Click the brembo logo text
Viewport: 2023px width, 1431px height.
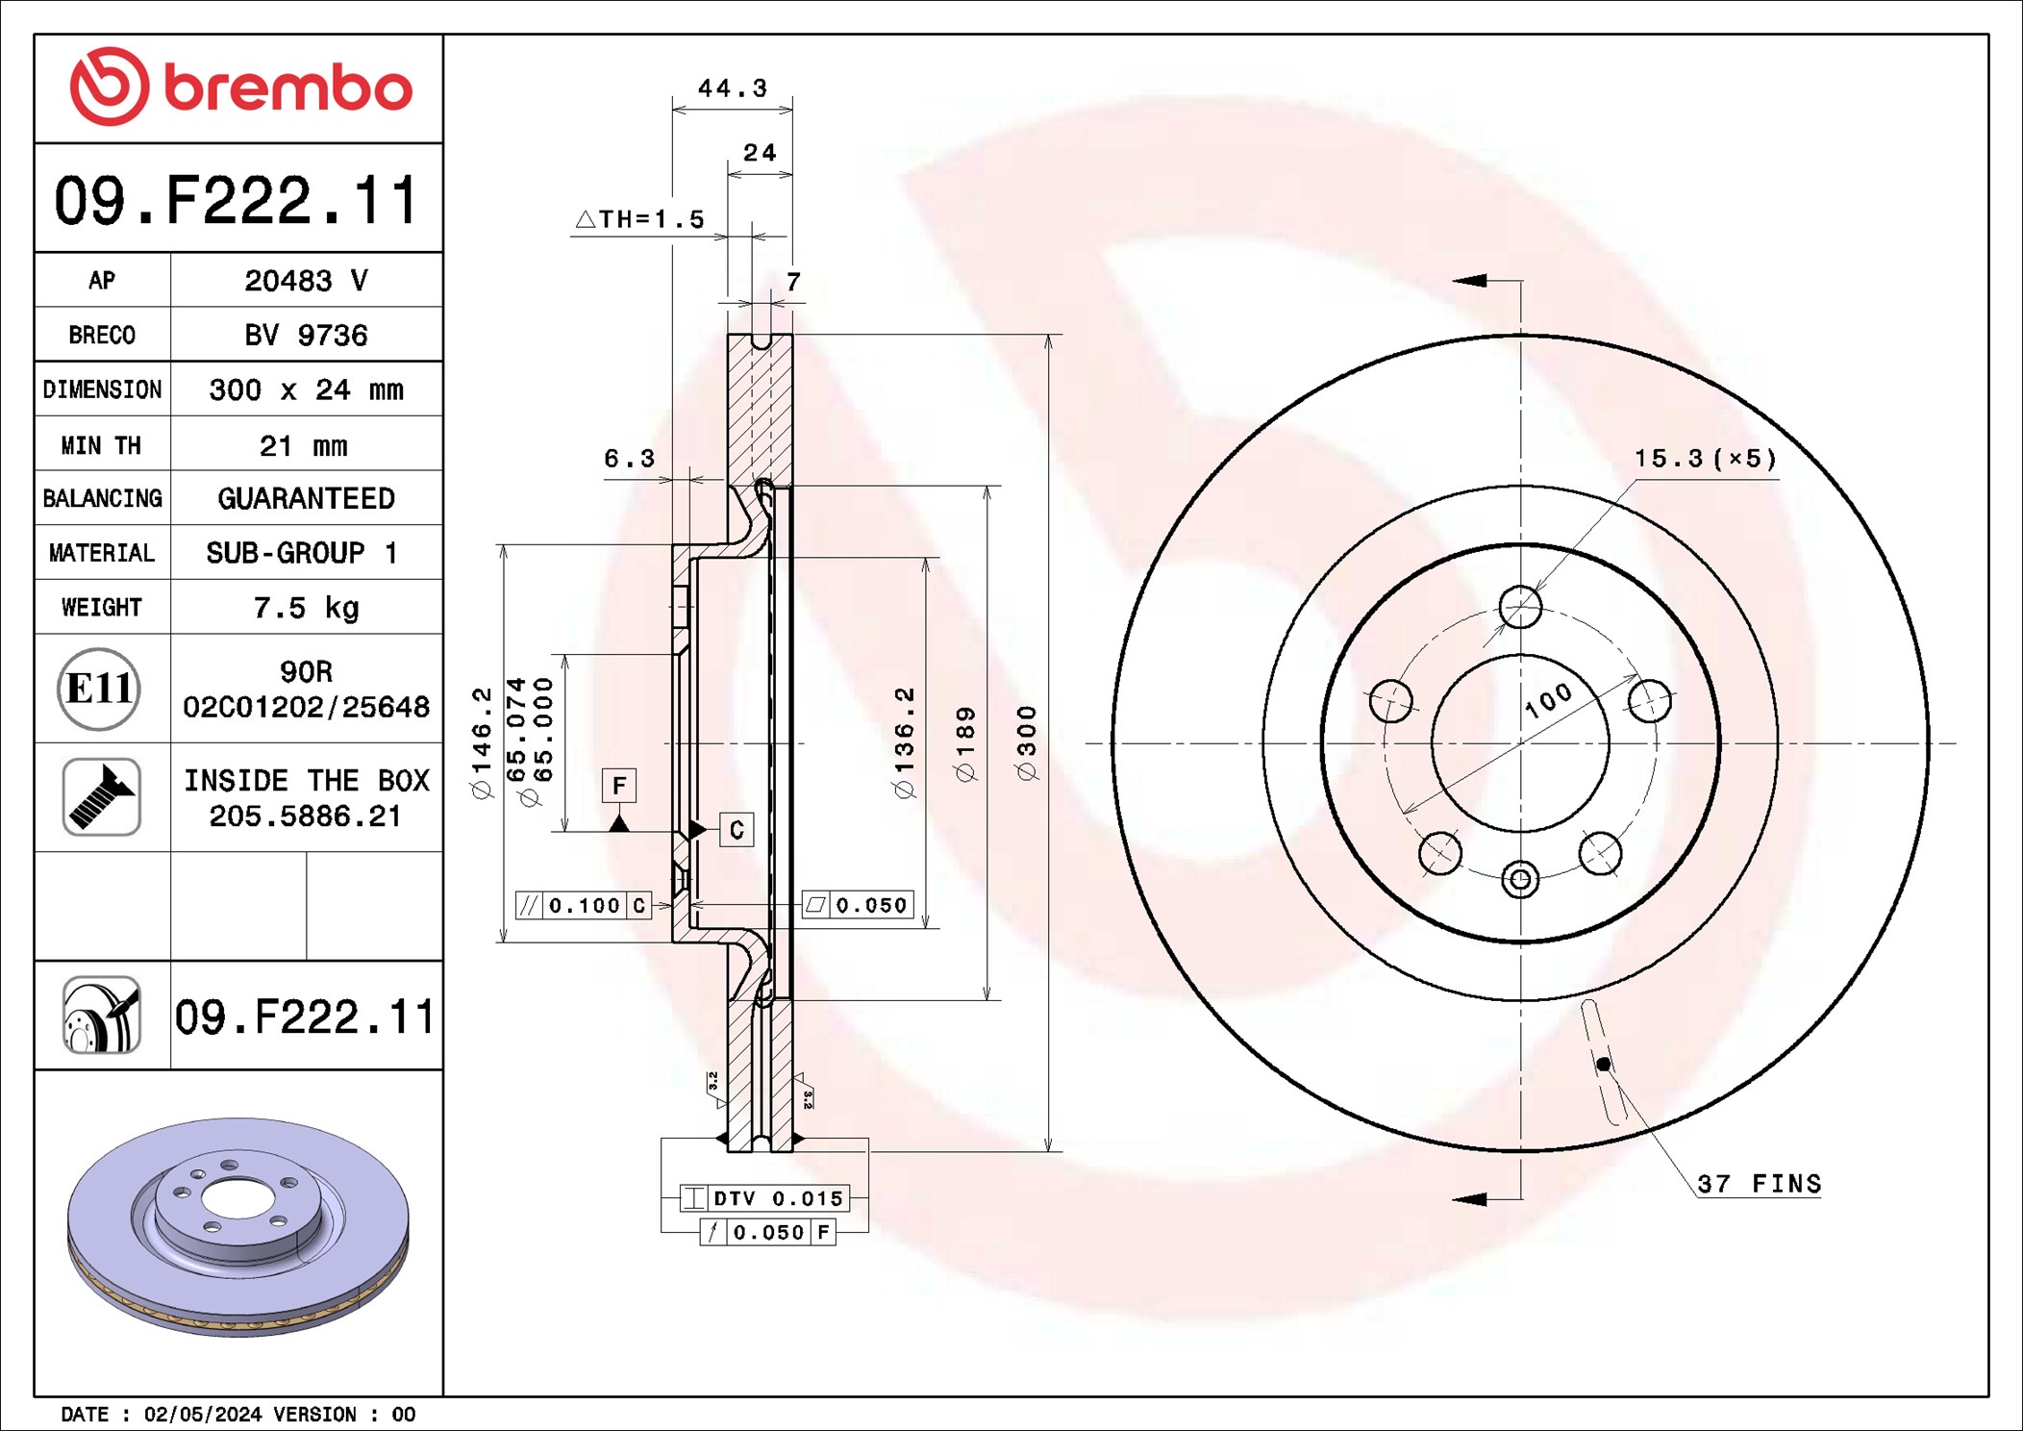coord(287,88)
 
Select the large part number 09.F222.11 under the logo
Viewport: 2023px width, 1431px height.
coord(237,200)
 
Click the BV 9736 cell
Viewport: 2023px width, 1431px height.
coord(306,335)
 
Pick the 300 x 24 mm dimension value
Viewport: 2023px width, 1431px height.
coord(306,389)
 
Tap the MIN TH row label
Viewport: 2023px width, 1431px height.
coord(101,445)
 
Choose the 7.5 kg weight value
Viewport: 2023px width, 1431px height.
coord(306,608)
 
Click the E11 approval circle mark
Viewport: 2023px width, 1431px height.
coord(99,689)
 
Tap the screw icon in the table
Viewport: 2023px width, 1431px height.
coord(102,796)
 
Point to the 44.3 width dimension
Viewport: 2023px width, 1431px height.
coord(733,88)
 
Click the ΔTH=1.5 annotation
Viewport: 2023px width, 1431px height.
coord(639,219)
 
